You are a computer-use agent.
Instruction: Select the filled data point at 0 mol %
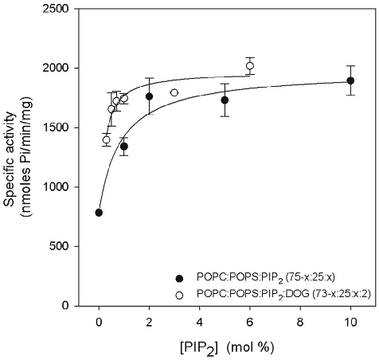[x=99, y=213]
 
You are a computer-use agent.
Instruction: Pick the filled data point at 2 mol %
[x=149, y=96]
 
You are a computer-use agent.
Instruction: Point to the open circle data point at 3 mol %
[x=174, y=93]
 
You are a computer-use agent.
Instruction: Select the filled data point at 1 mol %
[x=124, y=147]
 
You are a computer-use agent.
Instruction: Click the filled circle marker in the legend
[x=180, y=278]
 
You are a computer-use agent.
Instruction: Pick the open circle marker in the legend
[x=180, y=292]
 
